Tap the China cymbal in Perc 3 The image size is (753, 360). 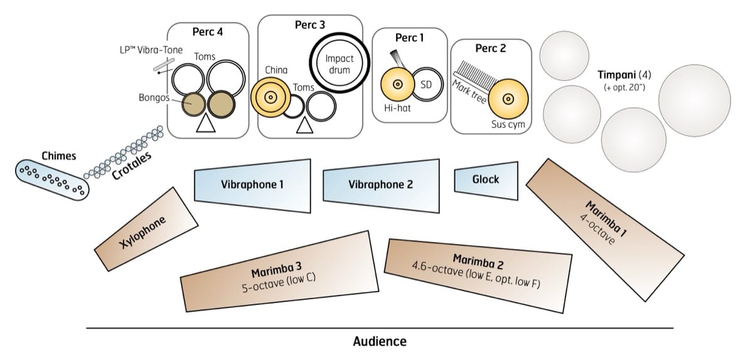pyautogui.click(x=269, y=97)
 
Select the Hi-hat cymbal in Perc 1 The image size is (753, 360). pyautogui.click(x=397, y=84)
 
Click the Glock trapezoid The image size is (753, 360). pyautogui.click(x=486, y=180)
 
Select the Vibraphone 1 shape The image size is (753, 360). pyautogui.click(x=253, y=186)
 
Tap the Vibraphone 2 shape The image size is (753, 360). pyautogui.click(x=380, y=186)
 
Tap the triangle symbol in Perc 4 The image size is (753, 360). pyautogui.click(x=205, y=125)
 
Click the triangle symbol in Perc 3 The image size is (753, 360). pyautogui.click(x=304, y=125)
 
